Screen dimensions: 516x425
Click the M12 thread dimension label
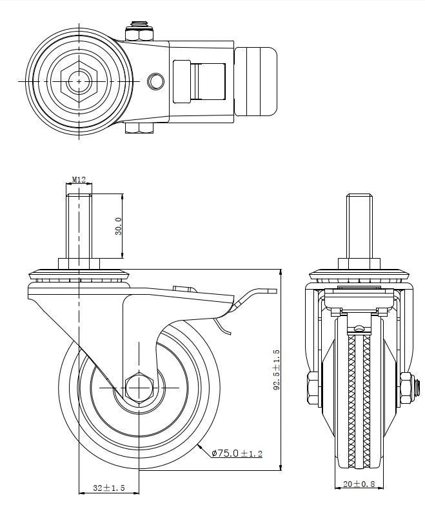click(79, 180)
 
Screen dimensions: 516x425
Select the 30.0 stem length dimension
click(119, 226)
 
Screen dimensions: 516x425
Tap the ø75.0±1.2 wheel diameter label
click(237, 453)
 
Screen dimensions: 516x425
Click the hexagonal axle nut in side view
click(139, 387)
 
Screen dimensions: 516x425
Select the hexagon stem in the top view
click(78, 81)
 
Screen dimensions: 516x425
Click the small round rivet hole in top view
click(155, 81)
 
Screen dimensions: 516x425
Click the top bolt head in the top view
click(139, 28)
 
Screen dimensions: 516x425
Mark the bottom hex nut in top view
click(139, 130)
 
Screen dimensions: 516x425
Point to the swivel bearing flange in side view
click(79, 273)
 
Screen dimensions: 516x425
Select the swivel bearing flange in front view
click(360, 273)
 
